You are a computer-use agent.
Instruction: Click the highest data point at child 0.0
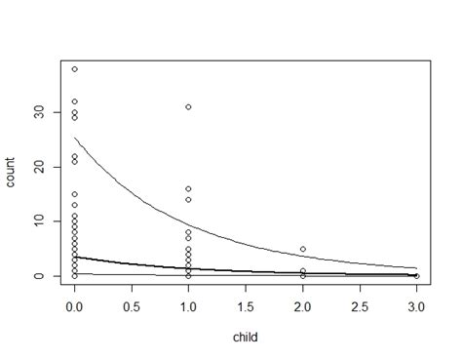(x=74, y=69)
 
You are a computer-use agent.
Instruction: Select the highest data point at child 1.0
(x=188, y=107)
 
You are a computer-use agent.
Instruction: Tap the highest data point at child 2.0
(x=302, y=249)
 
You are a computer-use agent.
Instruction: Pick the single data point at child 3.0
(x=416, y=276)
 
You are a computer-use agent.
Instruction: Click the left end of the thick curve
(x=74, y=258)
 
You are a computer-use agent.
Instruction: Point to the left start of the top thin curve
(x=74, y=138)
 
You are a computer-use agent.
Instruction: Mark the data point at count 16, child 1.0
(x=188, y=189)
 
